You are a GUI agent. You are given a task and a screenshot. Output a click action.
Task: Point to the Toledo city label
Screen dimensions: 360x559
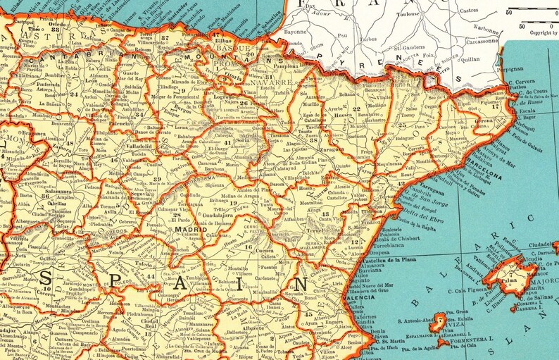(x=143, y=266)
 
